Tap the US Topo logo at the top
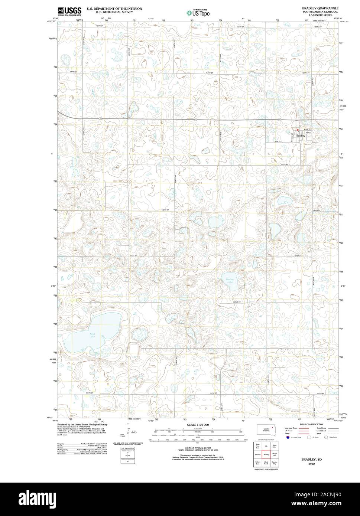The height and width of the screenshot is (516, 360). [198, 13]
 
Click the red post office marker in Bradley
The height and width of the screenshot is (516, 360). [298, 129]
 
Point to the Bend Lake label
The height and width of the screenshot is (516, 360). [92, 335]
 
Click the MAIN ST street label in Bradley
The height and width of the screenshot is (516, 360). [307, 128]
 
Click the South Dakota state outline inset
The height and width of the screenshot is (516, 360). [266, 430]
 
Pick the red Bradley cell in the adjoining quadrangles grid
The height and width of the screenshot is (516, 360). [266, 454]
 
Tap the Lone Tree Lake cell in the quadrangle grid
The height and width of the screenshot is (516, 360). [257, 445]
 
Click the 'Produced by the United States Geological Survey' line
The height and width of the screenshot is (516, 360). [82, 424]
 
